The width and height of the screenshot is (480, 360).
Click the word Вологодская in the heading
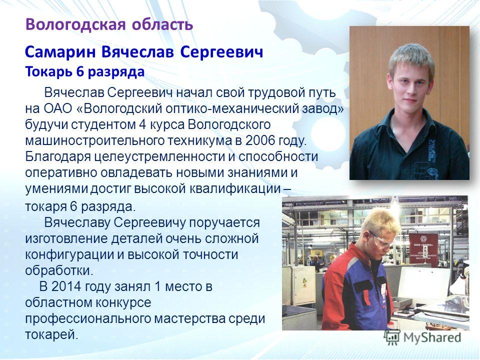click(x=75, y=24)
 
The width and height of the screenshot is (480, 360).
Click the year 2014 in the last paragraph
click(x=66, y=287)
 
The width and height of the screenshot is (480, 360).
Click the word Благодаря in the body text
click(x=58, y=156)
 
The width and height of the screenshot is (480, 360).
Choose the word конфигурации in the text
click(x=69, y=254)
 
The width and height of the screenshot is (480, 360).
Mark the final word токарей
click(x=51, y=334)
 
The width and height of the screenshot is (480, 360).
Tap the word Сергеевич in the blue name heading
click(x=221, y=52)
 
